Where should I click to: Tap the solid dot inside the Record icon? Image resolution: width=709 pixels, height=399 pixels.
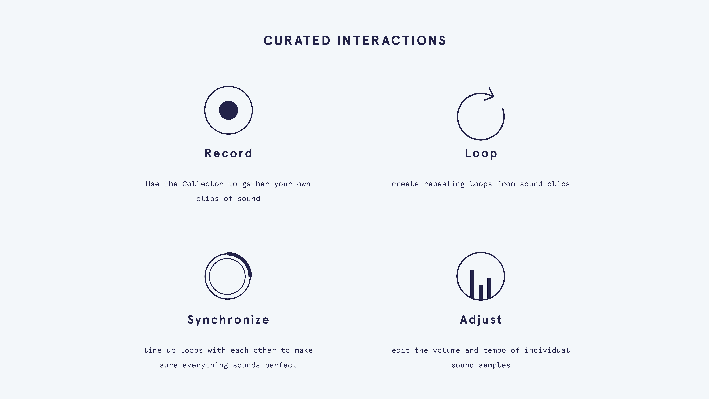click(x=228, y=110)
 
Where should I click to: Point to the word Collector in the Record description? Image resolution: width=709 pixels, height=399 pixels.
click(x=203, y=184)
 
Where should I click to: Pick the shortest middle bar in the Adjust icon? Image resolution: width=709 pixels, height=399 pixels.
click(x=481, y=292)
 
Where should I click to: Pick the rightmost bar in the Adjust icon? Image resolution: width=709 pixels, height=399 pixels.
click(x=489, y=288)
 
